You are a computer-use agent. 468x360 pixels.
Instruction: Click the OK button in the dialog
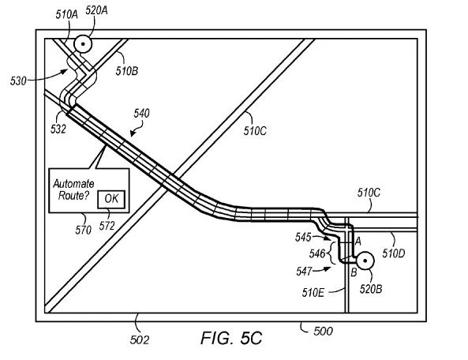point(111,199)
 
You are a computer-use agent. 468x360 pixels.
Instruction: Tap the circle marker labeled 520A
point(83,44)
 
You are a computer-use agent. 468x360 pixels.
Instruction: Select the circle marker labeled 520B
point(365,261)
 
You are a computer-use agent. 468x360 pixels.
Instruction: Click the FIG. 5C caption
point(231,339)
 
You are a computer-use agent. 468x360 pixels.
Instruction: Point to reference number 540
point(141,114)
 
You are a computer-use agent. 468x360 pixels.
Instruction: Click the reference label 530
point(18,81)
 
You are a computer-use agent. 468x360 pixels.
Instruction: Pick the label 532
point(58,129)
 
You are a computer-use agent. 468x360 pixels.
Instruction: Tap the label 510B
point(127,71)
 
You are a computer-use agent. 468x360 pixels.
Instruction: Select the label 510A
point(66,15)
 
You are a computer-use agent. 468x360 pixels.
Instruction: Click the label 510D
point(394,253)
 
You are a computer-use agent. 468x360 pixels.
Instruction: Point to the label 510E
point(313,293)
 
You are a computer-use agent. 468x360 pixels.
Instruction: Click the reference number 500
point(324,331)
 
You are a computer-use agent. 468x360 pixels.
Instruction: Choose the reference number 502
point(140,340)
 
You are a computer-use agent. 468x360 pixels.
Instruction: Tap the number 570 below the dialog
point(84,230)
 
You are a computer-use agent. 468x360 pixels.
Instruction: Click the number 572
point(107,226)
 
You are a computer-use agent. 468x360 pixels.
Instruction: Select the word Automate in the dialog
point(73,184)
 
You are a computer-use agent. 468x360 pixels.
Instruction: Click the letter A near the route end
point(358,241)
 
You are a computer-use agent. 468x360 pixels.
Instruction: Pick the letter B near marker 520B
point(354,272)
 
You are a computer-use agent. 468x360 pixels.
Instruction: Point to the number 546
point(317,253)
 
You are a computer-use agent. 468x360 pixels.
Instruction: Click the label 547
point(304,272)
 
